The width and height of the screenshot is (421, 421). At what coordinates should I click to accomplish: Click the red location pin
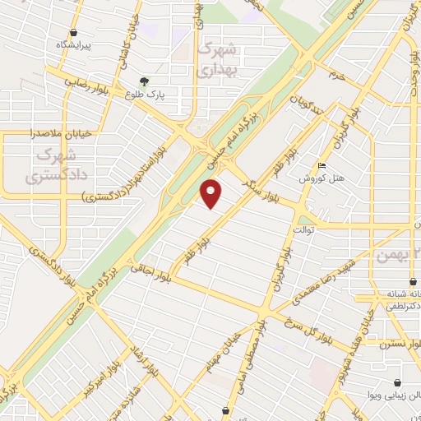point(212,193)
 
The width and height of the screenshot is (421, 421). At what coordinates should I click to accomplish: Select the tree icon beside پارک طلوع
point(145,81)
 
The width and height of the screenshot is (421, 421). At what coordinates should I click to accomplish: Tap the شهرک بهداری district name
point(218,59)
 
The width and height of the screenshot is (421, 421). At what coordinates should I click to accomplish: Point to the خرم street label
point(334,75)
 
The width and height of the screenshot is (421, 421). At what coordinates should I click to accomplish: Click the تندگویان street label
point(306,109)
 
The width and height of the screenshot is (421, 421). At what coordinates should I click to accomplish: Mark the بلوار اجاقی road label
point(150,265)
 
